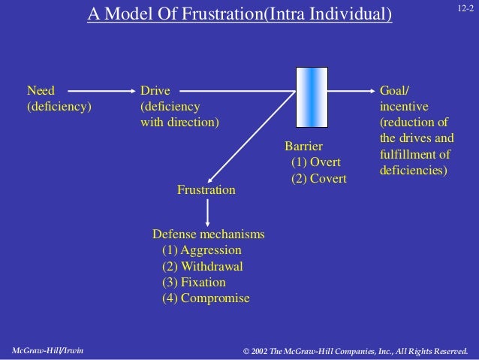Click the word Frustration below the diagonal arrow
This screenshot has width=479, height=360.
[x=206, y=190]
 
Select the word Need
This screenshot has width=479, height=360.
[x=41, y=90]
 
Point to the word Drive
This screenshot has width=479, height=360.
[x=155, y=90]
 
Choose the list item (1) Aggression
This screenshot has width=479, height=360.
[x=201, y=250]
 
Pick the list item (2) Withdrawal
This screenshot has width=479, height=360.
[x=202, y=266]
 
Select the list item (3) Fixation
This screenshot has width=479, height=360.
[x=193, y=282]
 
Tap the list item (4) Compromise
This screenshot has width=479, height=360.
[x=206, y=298]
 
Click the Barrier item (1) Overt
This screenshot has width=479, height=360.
[x=315, y=162]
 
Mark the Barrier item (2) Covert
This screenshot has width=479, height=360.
[x=318, y=178]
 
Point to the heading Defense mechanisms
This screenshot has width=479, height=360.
[x=208, y=234]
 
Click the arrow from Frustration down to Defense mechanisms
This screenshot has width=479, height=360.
[x=206, y=211]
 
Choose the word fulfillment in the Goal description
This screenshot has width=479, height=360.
[x=410, y=154]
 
